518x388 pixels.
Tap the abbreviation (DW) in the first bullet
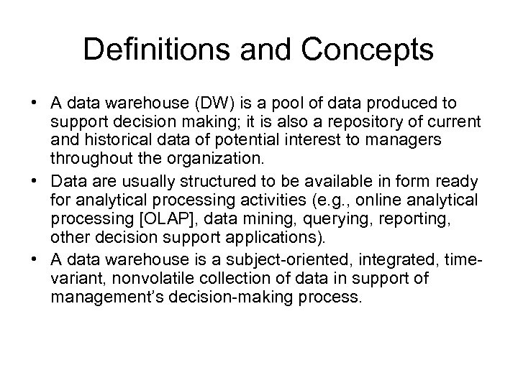tap(188, 103)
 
